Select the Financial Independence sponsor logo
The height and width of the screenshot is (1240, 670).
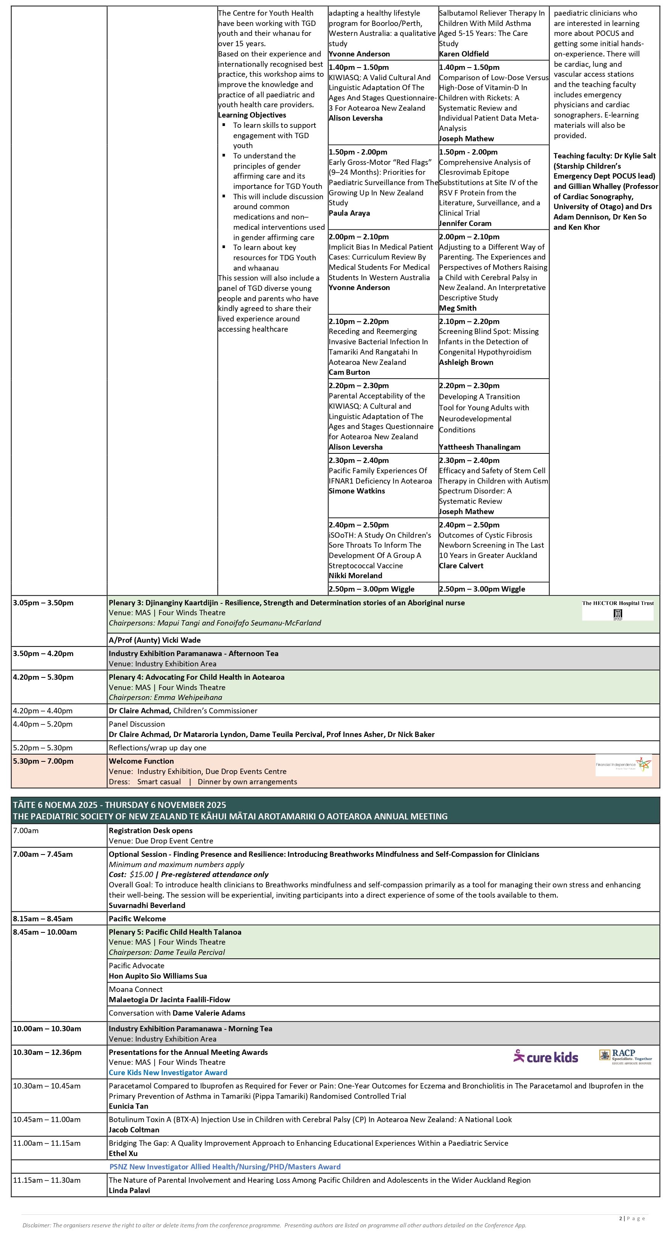click(623, 764)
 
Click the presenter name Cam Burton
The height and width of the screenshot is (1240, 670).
click(349, 372)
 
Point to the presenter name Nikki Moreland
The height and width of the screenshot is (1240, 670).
click(355, 576)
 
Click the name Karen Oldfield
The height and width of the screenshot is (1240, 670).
click(463, 54)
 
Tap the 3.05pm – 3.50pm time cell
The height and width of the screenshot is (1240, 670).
click(44, 603)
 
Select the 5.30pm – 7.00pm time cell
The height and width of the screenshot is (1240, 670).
click(44, 761)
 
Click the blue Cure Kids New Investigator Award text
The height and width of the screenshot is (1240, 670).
click(168, 1072)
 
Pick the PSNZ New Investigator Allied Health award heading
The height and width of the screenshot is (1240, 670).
click(225, 1167)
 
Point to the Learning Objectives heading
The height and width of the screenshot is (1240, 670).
click(252, 115)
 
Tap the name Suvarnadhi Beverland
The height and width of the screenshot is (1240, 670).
click(147, 905)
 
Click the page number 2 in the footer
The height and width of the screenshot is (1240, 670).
click(620, 1218)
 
